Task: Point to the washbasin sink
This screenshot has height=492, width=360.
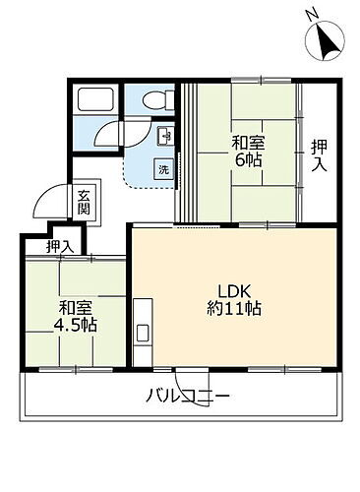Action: tap(163, 136)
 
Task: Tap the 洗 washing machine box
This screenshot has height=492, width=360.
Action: tap(163, 168)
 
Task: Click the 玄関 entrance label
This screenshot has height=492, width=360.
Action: tap(85, 202)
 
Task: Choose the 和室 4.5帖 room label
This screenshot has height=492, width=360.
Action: tap(76, 314)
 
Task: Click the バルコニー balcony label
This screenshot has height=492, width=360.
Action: tap(188, 399)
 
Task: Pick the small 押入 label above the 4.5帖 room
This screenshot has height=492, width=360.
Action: tap(60, 246)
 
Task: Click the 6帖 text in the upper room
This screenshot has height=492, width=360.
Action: tap(248, 158)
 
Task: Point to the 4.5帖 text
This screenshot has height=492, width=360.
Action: tap(76, 324)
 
